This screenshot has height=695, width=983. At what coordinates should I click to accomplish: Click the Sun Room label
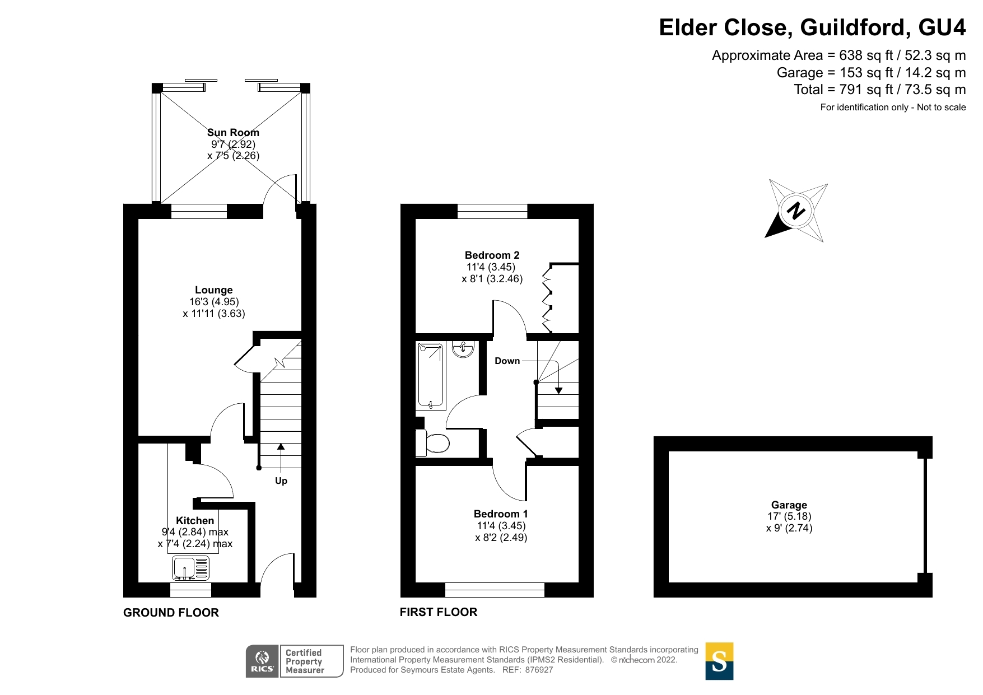click(x=233, y=133)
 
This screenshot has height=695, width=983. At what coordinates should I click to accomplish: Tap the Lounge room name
click(x=214, y=290)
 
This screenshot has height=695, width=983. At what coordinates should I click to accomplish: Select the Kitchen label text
click(x=195, y=521)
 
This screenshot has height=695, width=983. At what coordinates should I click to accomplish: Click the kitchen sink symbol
click(x=191, y=568)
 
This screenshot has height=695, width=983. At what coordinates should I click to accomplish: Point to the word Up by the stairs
click(x=281, y=481)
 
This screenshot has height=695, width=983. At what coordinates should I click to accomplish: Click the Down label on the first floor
click(x=507, y=361)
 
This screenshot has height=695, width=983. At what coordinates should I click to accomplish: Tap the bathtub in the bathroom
click(x=431, y=376)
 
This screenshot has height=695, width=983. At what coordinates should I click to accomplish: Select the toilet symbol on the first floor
click(x=432, y=443)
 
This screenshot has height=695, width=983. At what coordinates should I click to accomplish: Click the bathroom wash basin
click(x=463, y=349)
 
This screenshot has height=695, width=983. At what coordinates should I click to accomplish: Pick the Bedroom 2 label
click(x=492, y=255)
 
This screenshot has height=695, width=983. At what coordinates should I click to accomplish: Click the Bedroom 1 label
click(x=501, y=514)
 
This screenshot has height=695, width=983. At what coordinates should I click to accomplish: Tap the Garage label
click(x=789, y=505)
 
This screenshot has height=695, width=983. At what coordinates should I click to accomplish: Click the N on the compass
click(x=795, y=211)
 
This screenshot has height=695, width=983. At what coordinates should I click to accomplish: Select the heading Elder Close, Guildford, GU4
click(x=812, y=27)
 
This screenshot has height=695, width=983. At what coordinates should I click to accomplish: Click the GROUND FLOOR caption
click(x=171, y=613)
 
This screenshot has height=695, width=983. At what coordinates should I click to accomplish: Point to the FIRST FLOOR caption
click(x=439, y=612)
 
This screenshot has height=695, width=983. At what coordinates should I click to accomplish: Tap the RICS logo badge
click(x=295, y=661)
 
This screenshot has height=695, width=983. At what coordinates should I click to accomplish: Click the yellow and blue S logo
click(x=719, y=661)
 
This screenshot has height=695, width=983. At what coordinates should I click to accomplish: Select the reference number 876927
click(x=539, y=670)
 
